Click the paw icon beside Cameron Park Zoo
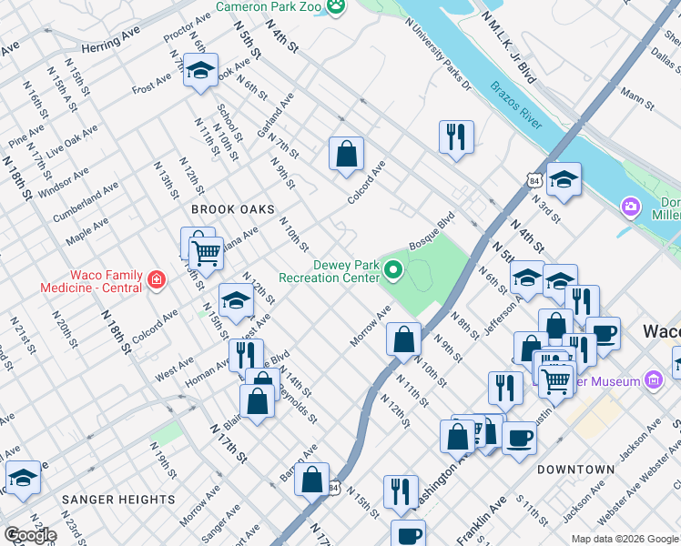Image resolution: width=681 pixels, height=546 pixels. [x=337, y=6]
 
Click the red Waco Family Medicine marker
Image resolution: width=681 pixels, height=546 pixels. [x=156, y=280]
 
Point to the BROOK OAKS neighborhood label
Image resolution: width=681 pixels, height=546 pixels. [x=233, y=209]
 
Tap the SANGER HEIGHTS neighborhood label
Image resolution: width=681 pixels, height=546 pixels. [x=118, y=500]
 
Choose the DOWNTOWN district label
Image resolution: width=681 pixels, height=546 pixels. [x=575, y=470]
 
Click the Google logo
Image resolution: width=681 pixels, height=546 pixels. [x=30, y=535]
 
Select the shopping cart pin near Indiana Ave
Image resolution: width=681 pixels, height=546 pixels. [x=207, y=254]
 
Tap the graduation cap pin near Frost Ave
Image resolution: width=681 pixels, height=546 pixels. [x=200, y=70]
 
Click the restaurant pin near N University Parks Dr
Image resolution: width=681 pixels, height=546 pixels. [x=455, y=137]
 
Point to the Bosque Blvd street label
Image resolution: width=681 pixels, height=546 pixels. [x=432, y=233]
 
